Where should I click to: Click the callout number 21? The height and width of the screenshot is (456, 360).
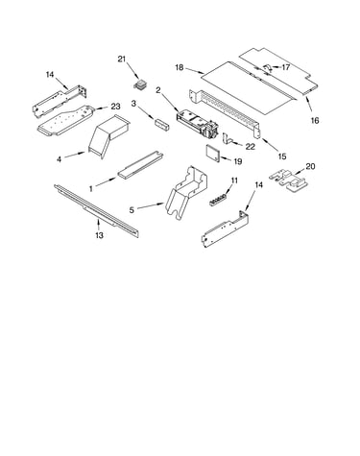[x=122, y=59]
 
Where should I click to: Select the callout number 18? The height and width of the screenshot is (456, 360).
[x=180, y=67]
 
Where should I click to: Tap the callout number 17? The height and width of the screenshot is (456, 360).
[x=285, y=67]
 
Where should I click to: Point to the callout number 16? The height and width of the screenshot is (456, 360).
[x=315, y=120]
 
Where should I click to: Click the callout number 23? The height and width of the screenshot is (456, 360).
[x=115, y=107]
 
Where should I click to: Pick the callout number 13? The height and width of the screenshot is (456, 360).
[x=99, y=235]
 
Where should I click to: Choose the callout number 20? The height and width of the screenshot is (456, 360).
[x=310, y=166]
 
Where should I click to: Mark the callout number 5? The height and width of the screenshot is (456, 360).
[x=132, y=210]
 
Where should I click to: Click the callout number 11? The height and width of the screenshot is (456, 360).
[x=234, y=180]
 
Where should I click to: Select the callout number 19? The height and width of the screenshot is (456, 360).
[x=237, y=161]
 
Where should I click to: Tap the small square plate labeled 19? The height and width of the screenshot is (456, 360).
[x=212, y=154]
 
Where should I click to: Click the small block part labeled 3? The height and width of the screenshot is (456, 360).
[x=162, y=124]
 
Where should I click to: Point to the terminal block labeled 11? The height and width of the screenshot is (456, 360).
[x=219, y=199]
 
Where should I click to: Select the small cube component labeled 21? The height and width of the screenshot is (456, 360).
[x=139, y=84]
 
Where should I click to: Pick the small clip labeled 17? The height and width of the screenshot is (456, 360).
[x=268, y=67]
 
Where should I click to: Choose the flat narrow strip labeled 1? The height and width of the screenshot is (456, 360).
[x=140, y=164]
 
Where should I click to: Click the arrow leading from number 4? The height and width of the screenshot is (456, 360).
[x=76, y=155]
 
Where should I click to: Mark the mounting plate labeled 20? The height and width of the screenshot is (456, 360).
[x=290, y=181]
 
